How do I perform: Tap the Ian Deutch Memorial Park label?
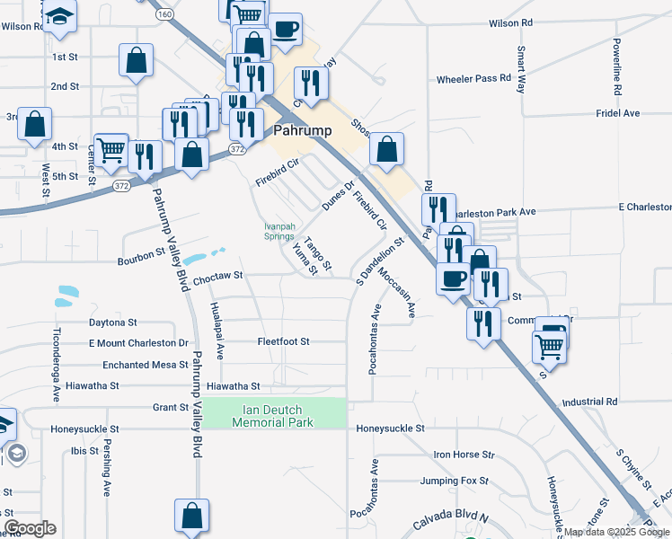click(x=273, y=416)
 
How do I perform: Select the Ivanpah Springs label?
click(x=279, y=231)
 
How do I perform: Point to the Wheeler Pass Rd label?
click(x=473, y=79)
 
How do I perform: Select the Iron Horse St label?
click(x=464, y=455)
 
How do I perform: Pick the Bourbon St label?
click(x=142, y=261)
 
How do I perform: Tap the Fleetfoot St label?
click(x=283, y=341)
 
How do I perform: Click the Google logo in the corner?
click(x=30, y=528)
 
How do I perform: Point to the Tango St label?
click(x=318, y=254)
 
